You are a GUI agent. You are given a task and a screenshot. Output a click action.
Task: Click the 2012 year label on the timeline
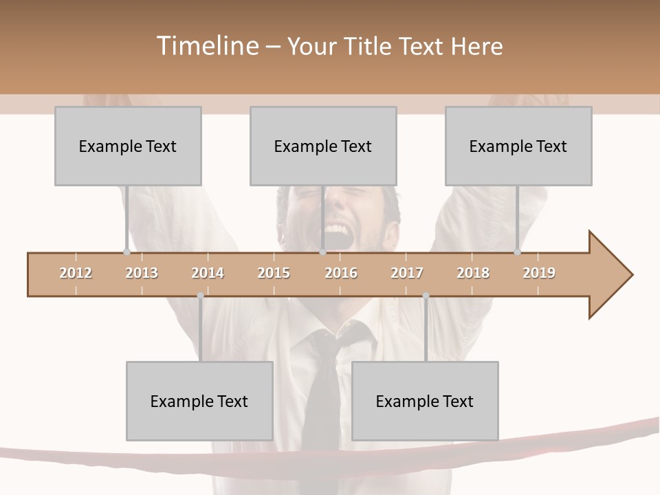click(76, 273)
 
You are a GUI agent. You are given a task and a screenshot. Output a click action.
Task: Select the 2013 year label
click(142, 273)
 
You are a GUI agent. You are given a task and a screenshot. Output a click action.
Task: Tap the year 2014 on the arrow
click(208, 273)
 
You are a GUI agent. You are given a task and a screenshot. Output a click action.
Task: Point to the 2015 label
click(274, 273)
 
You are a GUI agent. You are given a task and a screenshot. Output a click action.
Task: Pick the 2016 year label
click(341, 273)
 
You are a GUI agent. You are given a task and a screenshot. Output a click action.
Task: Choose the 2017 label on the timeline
click(407, 273)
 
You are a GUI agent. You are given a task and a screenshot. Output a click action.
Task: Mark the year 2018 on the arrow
click(473, 273)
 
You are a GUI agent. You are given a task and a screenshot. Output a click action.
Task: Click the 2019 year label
click(539, 273)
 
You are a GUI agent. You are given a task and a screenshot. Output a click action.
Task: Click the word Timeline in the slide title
click(206, 46)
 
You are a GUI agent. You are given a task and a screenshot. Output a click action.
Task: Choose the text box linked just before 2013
click(128, 146)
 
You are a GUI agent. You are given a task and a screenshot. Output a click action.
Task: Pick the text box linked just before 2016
click(323, 146)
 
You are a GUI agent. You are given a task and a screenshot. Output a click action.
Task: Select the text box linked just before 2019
click(518, 146)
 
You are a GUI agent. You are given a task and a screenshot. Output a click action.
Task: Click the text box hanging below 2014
click(199, 401)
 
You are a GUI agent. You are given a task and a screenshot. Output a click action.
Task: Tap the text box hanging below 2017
click(425, 401)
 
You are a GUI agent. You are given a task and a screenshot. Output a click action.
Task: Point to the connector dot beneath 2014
click(200, 296)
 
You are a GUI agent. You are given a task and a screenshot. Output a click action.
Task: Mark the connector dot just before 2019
click(517, 252)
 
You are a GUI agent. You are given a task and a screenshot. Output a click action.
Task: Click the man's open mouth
click(335, 232)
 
